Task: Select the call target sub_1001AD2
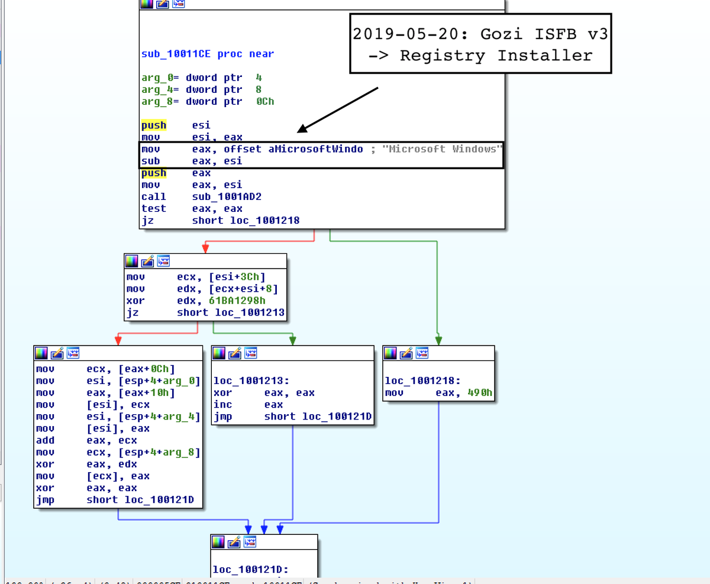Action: click(224, 196)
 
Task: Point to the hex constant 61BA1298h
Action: click(235, 301)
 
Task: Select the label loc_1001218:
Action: click(422, 381)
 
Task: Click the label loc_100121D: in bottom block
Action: click(250, 570)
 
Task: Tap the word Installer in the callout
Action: click(545, 56)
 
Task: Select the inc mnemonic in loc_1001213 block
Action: click(222, 405)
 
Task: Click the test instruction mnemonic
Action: click(153, 208)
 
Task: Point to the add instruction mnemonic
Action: click(45, 440)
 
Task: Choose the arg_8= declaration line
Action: click(207, 101)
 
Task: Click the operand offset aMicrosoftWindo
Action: click(293, 149)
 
